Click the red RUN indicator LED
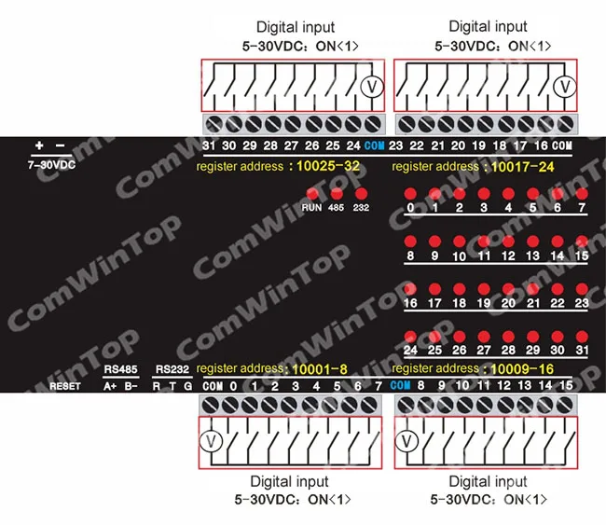click(312, 193)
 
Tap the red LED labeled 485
click(336, 193)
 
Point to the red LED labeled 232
click(361, 193)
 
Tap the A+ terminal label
click(110, 385)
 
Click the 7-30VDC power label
click(51, 163)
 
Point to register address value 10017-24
click(522, 166)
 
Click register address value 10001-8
click(322, 369)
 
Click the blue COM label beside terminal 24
click(375, 145)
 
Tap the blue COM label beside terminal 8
click(401, 385)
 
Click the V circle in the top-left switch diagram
click(370, 88)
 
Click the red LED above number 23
click(582, 290)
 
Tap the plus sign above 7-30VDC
click(39, 145)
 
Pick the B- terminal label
click(131, 385)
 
